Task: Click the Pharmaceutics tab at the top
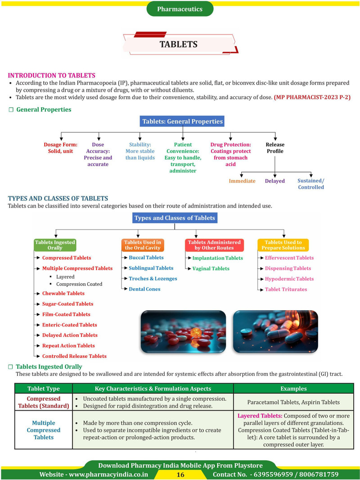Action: click(x=180, y=9)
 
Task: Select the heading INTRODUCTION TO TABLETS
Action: click(x=52, y=75)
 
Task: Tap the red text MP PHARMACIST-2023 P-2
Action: click(x=312, y=97)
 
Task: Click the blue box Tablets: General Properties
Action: click(x=182, y=121)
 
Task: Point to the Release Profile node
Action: click(x=275, y=148)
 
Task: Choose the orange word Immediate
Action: click(x=242, y=181)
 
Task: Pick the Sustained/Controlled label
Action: click(x=311, y=184)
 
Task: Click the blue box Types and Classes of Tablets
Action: click(x=175, y=218)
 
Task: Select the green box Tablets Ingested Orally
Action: click(x=55, y=245)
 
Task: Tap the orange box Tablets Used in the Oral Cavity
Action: click(x=143, y=245)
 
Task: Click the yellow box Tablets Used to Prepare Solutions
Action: click(x=283, y=245)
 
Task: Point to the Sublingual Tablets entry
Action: click(x=151, y=268)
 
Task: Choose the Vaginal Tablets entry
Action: click(x=211, y=268)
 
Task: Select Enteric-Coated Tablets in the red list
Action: click(x=69, y=325)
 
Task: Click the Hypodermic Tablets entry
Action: click(x=289, y=279)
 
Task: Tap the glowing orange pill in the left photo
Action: click(x=196, y=332)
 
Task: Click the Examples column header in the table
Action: click(x=294, y=389)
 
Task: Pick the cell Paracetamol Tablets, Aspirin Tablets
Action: click(x=294, y=402)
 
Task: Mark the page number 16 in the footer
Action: click(x=180, y=475)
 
